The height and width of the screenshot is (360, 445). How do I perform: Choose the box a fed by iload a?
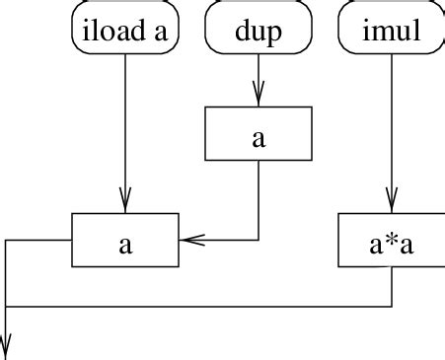coord(125,240)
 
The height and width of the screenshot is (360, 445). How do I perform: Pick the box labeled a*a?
coord(392,240)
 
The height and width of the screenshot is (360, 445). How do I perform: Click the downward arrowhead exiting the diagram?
coord(7,349)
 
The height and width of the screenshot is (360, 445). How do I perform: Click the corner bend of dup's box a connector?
coord(259,240)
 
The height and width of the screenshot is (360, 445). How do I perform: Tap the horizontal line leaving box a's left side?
coord(39,240)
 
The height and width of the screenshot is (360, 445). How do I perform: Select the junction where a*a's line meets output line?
coord(7,306)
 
